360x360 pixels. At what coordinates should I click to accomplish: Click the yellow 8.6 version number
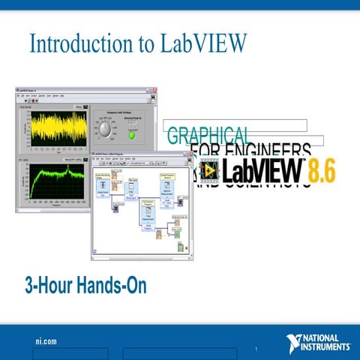(x=319, y=170)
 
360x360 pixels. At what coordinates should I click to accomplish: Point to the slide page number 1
(x=256, y=349)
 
